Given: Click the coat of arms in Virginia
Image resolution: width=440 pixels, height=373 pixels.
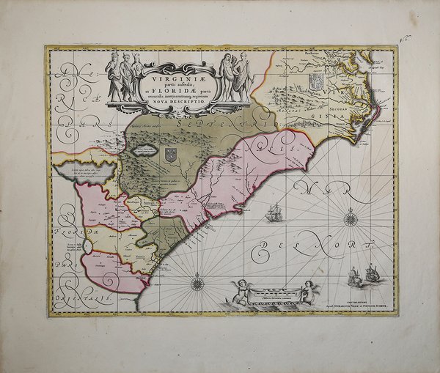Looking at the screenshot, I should pyautogui.click(x=316, y=81).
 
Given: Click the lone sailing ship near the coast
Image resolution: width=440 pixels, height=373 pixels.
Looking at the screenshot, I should pyautogui.click(x=275, y=214).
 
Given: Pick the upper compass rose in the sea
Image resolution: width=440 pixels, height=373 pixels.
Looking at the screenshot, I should pyautogui.click(x=351, y=217).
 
